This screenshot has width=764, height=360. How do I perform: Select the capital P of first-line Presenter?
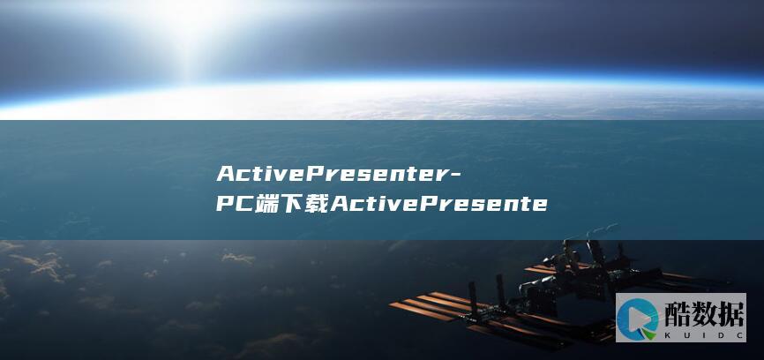tap(320, 171)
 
